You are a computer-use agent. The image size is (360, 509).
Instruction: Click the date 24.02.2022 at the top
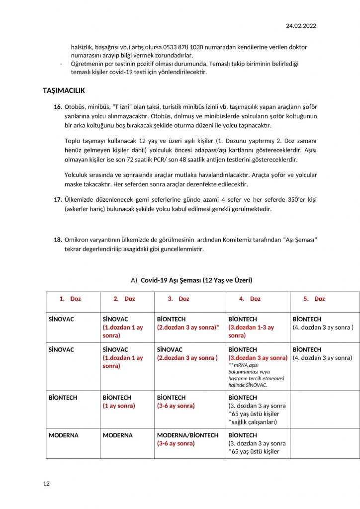click(301, 26)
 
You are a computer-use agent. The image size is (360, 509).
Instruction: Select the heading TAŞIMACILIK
click(64, 90)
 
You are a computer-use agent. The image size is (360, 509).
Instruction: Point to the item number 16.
click(58, 107)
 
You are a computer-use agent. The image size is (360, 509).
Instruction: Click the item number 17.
click(58, 199)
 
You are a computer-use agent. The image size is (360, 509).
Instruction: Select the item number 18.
click(58, 240)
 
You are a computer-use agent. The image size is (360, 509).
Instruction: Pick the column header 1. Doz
click(70, 299)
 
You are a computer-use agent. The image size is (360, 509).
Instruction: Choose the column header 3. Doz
click(179, 299)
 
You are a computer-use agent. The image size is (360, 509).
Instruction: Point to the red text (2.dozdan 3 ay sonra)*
click(188, 328)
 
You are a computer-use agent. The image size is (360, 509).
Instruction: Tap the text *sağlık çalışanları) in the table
click(253, 422)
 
